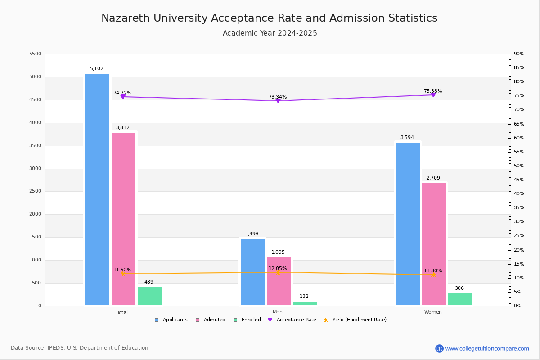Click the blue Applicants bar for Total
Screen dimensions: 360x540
(97, 189)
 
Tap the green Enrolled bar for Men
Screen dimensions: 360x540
(305, 303)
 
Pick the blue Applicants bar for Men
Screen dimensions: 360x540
(252, 272)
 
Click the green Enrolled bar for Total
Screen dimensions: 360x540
(149, 296)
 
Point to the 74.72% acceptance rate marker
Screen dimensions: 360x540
(123, 97)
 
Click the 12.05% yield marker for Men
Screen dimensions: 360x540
(278, 272)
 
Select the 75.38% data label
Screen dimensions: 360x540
(432, 91)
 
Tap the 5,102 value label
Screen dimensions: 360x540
(96, 69)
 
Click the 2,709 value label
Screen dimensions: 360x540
(433, 178)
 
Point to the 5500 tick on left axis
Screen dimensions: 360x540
(35, 54)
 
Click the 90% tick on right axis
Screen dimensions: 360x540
(519, 54)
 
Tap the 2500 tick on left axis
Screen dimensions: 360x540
(35, 191)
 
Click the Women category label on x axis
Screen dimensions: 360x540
(433, 312)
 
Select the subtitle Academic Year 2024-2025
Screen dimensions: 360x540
(270, 33)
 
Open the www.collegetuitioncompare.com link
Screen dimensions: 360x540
(487, 348)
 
